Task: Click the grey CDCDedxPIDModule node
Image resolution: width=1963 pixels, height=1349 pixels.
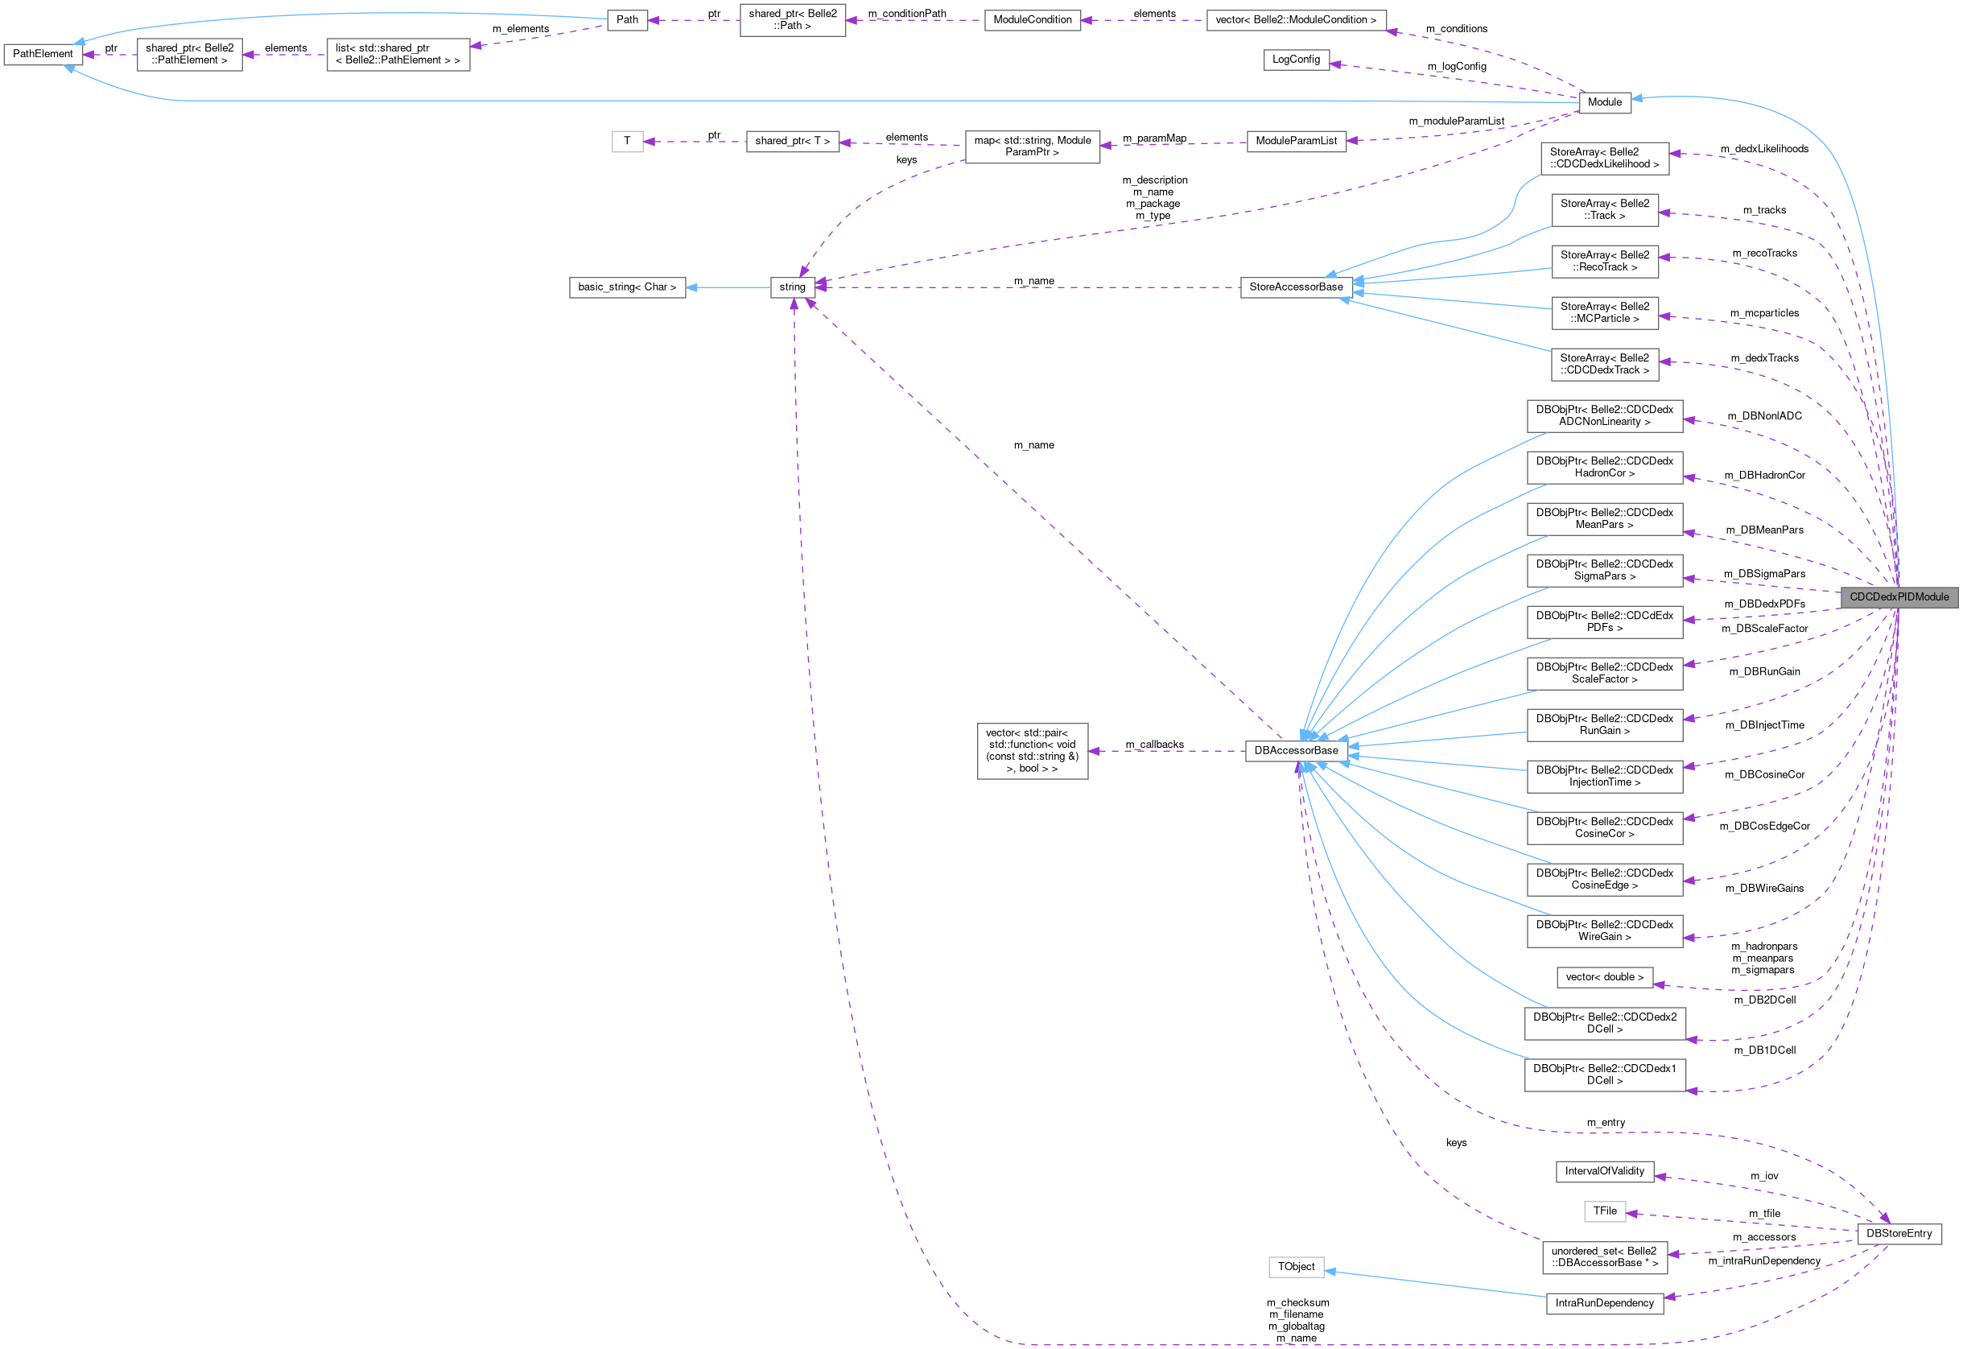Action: (1899, 596)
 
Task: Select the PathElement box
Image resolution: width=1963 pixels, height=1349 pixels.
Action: (43, 54)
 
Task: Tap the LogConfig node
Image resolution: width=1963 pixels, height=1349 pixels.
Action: (1296, 60)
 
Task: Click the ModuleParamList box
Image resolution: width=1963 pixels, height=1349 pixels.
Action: (1297, 141)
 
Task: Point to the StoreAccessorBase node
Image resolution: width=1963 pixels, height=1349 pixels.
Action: (1296, 287)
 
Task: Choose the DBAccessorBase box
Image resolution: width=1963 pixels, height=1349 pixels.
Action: (1296, 751)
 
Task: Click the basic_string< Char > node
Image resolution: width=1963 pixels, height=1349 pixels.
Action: (627, 287)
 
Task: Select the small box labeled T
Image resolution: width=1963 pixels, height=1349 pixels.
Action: (627, 141)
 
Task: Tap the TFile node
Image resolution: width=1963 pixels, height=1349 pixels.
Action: (1604, 1211)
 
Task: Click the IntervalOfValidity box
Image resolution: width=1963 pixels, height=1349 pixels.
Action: (1604, 1171)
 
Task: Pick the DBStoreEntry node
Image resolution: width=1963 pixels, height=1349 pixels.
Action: (1899, 1234)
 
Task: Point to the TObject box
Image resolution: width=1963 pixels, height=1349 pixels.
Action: (1296, 1267)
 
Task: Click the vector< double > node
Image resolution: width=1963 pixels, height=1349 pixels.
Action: (1604, 977)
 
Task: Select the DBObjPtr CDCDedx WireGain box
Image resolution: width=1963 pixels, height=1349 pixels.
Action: (1604, 930)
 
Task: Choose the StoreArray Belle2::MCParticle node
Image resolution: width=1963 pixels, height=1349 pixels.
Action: (1604, 313)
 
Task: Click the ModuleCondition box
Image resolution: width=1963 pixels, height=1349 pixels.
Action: (1032, 19)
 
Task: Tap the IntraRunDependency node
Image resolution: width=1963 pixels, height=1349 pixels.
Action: (1604, 1303)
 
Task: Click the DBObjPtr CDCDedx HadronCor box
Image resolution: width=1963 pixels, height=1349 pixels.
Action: (1604, 468)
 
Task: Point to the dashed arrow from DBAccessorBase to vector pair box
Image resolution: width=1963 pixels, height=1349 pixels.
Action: (1166, 751)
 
